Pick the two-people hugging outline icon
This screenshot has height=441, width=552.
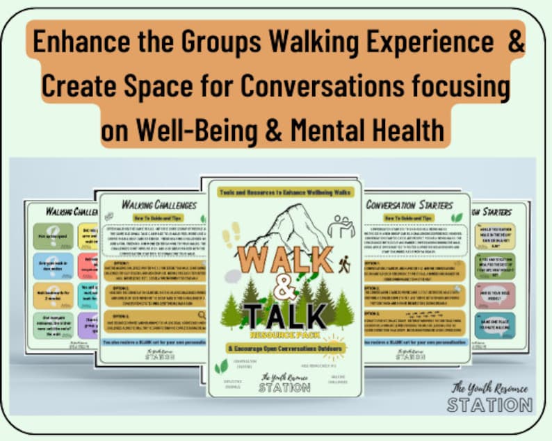point(341,226)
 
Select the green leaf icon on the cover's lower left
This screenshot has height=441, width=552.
point(221,366)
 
